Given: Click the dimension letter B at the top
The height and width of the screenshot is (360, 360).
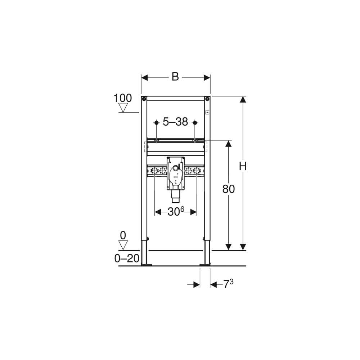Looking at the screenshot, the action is coord(175,77).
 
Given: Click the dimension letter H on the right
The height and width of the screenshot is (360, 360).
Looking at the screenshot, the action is coord(243,166).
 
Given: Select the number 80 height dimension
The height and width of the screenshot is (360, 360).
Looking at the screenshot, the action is coord(229,189).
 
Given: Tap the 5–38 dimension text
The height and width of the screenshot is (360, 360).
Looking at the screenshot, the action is coord(175,122).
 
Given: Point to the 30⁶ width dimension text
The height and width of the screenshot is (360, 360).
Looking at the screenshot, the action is coord(176,211).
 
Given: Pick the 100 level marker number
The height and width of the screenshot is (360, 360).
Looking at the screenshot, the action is coord(123,98).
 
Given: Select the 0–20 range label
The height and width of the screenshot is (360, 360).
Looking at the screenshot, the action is coord(127,259).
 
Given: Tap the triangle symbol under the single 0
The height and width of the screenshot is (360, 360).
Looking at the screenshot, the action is coord(123,245).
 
